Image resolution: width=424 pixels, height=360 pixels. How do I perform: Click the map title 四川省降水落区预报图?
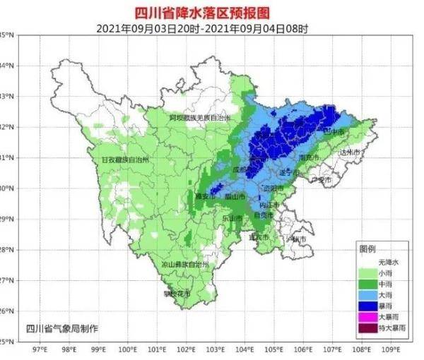(x=211, y=12)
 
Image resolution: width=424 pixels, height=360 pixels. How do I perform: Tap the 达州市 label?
(x=349, y=152)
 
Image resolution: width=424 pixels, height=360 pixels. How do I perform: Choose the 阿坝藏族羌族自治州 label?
(x=199, y=118)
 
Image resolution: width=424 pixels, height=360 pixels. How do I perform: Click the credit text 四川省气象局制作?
(x=62, y=328)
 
